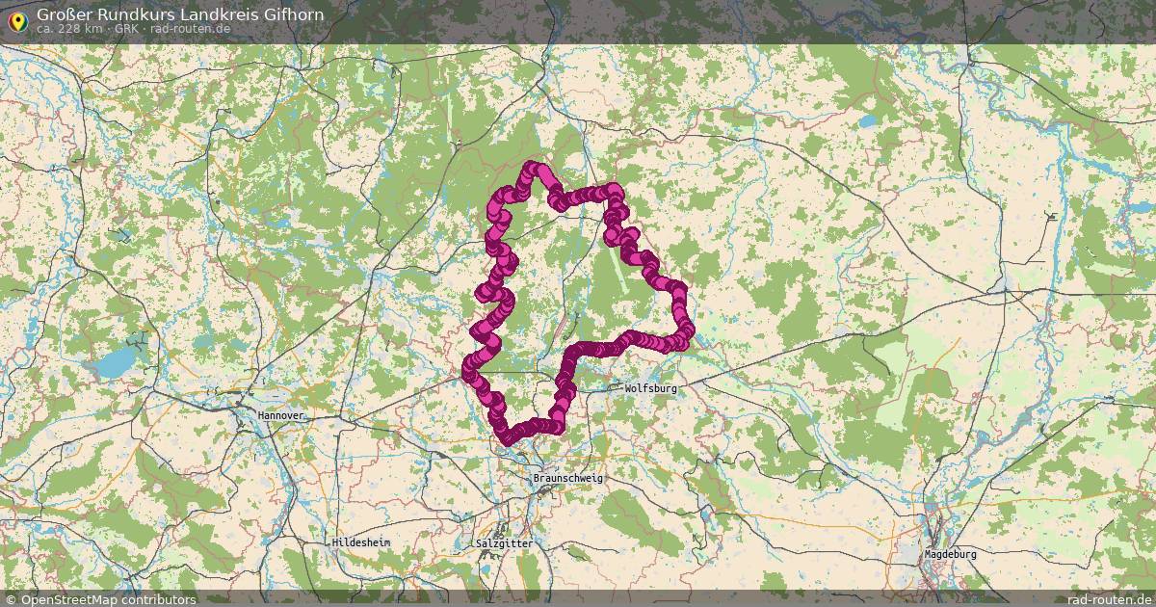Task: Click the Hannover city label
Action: pos(280,415)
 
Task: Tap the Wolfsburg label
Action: pos(651,388)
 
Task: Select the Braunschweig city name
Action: pos(567,479)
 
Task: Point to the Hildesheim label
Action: pos(361,542)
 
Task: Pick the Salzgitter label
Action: pos(504,543)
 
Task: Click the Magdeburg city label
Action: pos(950,555)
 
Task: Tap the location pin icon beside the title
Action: pos(16,19)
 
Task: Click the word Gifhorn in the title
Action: pos(291,14)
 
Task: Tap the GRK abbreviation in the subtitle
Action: pos(127,29)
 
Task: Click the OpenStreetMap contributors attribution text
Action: pos(108,599)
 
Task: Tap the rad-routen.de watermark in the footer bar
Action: pos(1109,599)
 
